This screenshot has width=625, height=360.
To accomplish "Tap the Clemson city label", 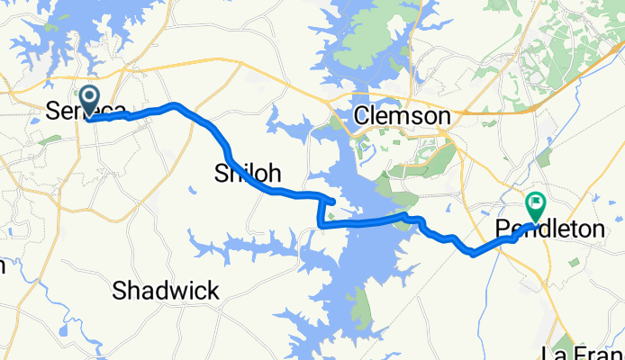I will coord(402,116).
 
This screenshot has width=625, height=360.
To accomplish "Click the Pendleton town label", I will coord(550,230).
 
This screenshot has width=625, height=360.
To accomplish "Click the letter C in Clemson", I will coord(363,116).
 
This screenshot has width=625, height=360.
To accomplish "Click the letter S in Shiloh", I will coord(222,173).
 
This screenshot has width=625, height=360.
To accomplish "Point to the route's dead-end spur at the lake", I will coord(334,201).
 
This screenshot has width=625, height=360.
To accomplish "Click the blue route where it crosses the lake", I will coord(360,221).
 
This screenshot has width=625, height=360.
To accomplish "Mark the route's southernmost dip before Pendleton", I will coord(473,254).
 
